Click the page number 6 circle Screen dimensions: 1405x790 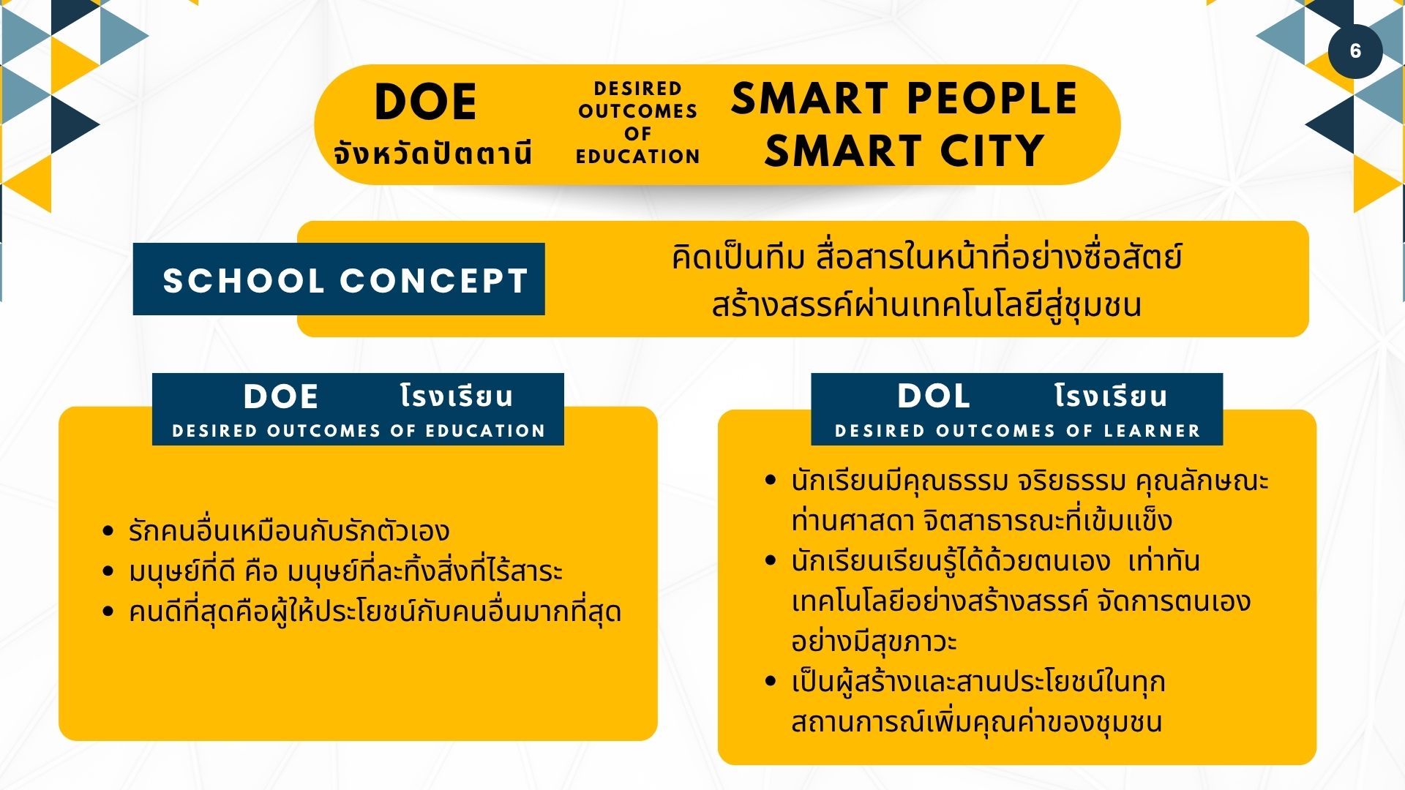click(x=1355, y=50)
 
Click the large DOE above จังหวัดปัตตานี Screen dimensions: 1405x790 click(x=425, y=102)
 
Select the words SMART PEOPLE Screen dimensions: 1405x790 click(x=904, y=98)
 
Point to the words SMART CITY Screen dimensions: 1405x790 click(x=904, y=151)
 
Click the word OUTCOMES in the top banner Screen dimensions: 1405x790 click(x=637, y=111)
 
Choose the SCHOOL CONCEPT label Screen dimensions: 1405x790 click(x=345, y=280)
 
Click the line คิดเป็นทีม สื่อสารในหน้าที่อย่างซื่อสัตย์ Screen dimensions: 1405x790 click(x=926, y=257)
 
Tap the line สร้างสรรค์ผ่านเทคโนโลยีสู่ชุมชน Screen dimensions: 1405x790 click(x=926, y=304)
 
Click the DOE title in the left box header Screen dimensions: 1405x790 click(x=281, y=396)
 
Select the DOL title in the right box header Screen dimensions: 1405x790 click(x=934, y=396)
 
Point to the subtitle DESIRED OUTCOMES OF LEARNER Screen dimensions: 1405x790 click(x=1017, y=431)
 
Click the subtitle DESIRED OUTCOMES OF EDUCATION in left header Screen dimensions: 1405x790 click(x=359, y=431)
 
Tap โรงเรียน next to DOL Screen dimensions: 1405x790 click(x=1111, y=396)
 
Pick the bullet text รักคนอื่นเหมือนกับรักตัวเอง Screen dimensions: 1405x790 click(x=289, y=530)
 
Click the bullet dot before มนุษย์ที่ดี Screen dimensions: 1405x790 click(x=108, y=571)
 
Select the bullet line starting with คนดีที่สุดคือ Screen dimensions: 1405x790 click(x=375, y=612)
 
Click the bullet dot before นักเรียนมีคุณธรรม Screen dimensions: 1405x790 click(x=770, y=480)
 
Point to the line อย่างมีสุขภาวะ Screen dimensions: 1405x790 click(x=874, y=642)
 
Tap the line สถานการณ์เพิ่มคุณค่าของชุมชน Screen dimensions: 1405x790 click(x=977, y=722)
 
